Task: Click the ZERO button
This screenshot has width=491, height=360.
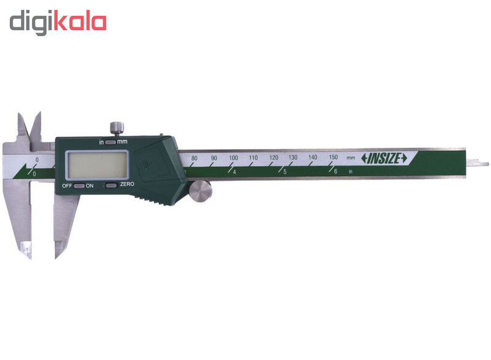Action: coord(110,185)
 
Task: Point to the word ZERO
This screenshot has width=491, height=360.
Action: coord(127,185)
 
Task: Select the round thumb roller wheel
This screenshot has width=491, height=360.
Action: coord(199,192)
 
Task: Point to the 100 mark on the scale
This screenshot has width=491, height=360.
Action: coord(233,158)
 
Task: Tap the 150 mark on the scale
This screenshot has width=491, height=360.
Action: coord(333,158)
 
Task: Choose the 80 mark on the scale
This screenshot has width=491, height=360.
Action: coord(194,158)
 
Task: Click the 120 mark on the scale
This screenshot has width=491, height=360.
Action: coord(273,158)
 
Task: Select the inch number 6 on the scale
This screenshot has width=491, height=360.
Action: coord(335,172)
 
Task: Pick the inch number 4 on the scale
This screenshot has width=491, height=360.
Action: coord(235,172)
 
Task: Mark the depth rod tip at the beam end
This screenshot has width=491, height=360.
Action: coord(482,164)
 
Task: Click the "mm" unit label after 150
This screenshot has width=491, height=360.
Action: coord(350,158)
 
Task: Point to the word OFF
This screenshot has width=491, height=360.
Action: coord(66,185)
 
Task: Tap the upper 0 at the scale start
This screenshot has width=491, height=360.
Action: coord(37,159)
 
